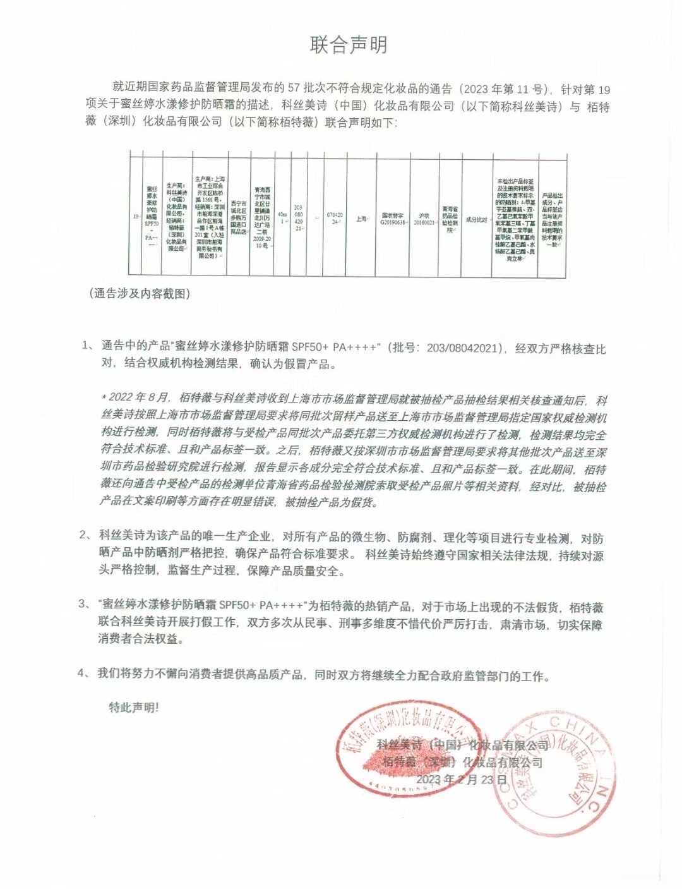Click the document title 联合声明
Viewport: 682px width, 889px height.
[x=348, y=45]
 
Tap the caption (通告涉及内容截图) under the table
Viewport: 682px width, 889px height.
[x=140, y=293]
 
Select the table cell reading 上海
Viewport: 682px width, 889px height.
[x=361, y=219]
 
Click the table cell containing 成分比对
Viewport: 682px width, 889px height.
[x=476, y=219]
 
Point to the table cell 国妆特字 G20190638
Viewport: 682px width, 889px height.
[x=392, y=219]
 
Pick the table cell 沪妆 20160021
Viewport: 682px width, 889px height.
[x=424, y=219]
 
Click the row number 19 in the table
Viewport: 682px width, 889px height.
[x=135, y=216]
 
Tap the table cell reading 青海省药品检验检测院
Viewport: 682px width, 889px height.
[x=450, y=219]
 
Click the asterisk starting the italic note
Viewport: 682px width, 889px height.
[x=104, y=397]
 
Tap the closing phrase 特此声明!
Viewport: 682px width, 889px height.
[x=133, y=707]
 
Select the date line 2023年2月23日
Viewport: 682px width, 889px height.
[x=454, y=779]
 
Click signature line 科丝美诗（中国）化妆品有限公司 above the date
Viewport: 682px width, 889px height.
[x=462, y=746]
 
